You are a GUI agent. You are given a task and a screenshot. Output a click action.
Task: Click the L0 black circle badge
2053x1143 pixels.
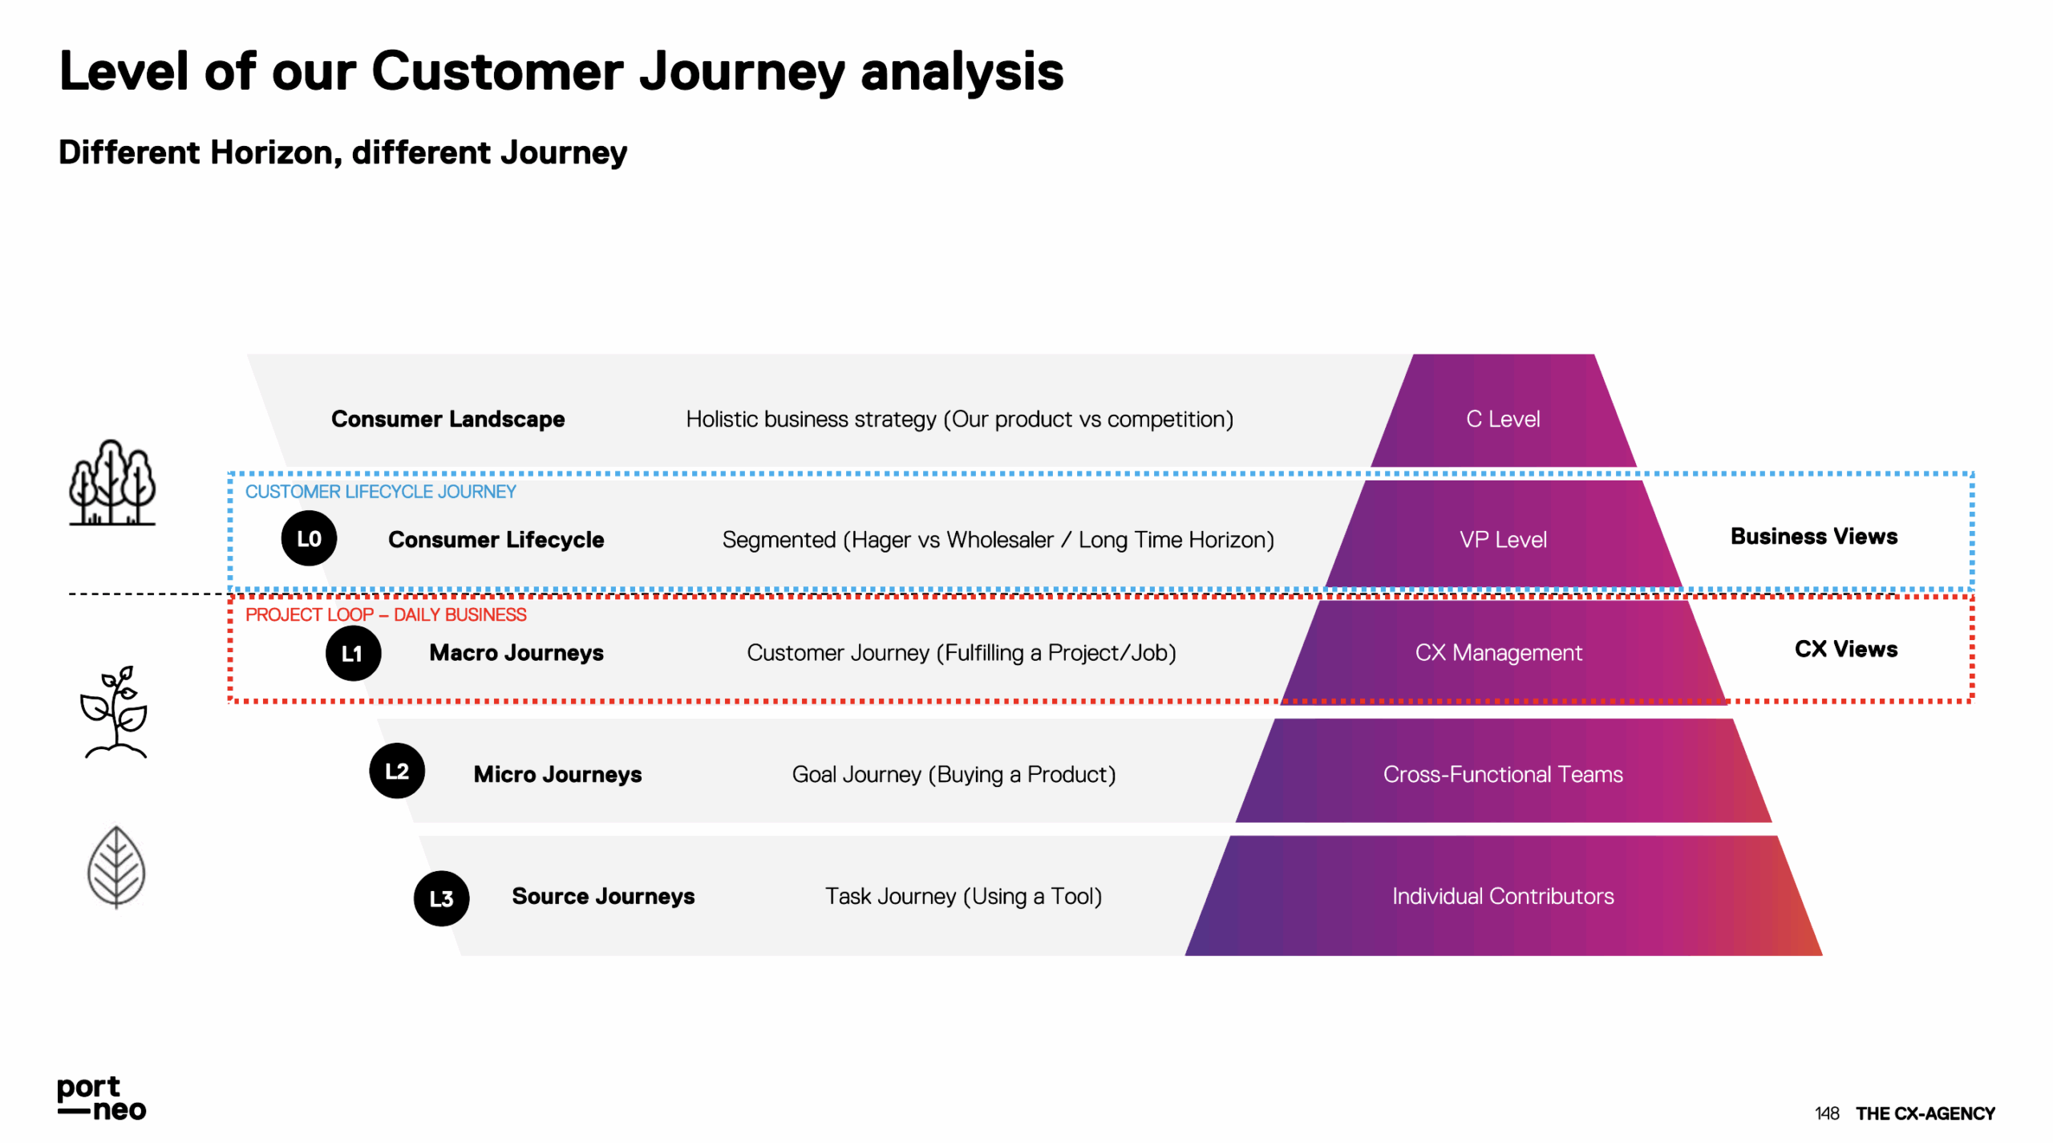[x=309, y=539]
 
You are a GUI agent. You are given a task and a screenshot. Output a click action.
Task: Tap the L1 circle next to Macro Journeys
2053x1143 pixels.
[x=353, y=654]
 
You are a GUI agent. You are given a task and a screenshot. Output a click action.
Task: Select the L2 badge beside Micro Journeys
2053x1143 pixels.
[x=397, y=772]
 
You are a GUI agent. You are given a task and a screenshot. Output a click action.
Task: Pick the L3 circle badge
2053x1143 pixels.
[x=441, y=898]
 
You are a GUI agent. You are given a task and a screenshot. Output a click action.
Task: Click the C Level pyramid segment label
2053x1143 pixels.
[x=1503, y=419]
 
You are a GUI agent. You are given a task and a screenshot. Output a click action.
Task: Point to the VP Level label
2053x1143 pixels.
[x=1503, y=540]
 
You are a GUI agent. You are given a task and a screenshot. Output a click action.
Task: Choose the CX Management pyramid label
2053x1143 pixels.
[x=1498, y=653]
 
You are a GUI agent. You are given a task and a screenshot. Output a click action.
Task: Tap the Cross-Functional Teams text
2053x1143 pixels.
[x=1503, y=775]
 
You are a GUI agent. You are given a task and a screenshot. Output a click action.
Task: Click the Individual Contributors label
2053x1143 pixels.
[x=1503, y=896]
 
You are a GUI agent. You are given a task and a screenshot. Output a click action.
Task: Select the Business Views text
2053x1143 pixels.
[x=1813, y=537]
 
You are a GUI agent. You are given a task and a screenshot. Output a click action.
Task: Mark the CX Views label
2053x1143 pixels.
[x=1845, y=649]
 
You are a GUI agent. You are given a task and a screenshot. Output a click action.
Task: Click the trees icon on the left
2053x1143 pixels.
[x=112, y=483]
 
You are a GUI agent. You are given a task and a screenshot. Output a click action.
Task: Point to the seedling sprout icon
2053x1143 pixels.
[x=114, y=712]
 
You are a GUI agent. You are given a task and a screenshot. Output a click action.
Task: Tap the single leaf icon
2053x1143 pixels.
[x=116, y=867]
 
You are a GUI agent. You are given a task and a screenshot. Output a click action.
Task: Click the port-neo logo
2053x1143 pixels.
[x=101, y=1098]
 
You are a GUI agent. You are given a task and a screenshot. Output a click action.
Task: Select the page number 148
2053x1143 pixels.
[x=1826, y=1113]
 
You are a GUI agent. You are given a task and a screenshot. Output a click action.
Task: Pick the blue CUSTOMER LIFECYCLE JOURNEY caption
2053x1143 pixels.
[x=380, y=492]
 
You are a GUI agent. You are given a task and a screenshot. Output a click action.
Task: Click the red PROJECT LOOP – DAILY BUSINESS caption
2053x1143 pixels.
[x=386, y=615]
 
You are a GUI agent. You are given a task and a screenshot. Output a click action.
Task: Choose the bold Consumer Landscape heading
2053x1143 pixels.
[x=447, y=419]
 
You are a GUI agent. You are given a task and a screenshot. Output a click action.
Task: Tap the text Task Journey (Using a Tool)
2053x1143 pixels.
[x=963, y=896]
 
